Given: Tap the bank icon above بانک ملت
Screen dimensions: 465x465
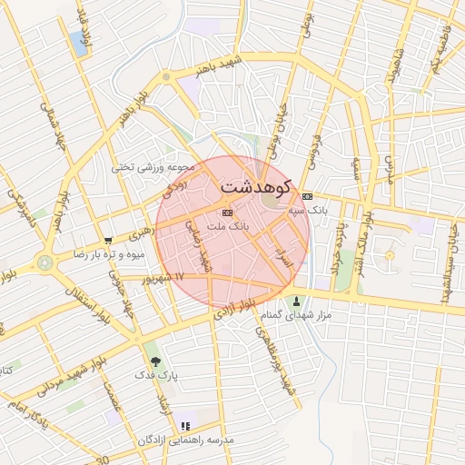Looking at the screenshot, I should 227,212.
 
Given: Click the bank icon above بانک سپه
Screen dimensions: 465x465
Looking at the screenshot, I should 307,195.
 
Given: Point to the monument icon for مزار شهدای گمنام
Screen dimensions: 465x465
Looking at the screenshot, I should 296,301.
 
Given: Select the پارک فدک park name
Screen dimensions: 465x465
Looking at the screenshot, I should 156,374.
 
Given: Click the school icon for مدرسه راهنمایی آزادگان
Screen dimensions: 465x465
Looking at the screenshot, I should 185,425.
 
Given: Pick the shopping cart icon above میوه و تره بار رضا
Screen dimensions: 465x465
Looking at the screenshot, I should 108,242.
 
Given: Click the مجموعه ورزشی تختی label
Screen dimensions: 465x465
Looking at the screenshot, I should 154,166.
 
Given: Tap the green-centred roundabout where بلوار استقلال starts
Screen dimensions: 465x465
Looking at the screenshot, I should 44,263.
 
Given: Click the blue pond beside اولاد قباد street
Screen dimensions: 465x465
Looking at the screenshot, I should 79,45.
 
